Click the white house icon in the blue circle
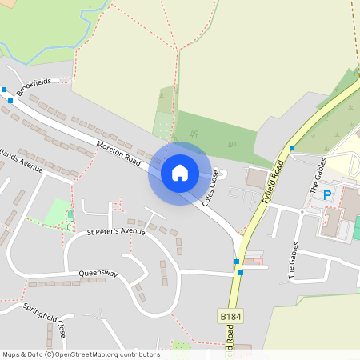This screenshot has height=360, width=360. [179, 172]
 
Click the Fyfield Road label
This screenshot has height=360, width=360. [274, 182]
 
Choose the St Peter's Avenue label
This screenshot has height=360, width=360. [116, 232]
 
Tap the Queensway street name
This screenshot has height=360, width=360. [98, 274]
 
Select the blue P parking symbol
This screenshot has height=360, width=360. [326, 194]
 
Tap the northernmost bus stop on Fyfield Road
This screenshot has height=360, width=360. [292, 148]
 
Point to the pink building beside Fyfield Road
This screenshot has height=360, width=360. [254, 260]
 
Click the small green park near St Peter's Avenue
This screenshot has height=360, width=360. [57, 213]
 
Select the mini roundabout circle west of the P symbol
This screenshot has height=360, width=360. [302, 211]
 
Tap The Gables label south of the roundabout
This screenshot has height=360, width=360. [292, 260]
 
